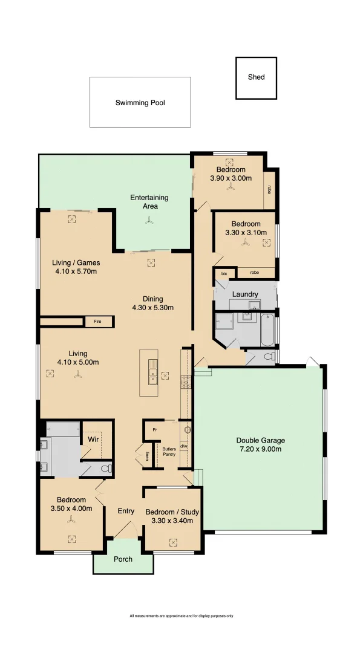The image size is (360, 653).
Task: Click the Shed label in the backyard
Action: [256, 77]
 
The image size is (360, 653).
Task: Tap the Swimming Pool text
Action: [140, 103]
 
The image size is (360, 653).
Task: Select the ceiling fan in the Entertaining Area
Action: [149, 221]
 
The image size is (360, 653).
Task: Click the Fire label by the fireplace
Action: [97, 322]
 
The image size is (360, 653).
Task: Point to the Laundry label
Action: [244, 294]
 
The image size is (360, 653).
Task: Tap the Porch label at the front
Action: [123, 559]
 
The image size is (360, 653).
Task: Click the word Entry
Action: [126, 512]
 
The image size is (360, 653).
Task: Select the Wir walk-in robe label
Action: [93, 440]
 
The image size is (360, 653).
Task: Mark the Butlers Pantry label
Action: [169, 451]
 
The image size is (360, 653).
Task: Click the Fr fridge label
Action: [155, 429]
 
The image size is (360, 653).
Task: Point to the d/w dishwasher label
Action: [184, 447]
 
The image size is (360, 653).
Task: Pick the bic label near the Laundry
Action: [224, 274]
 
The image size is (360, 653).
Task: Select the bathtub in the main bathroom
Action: [267, 330]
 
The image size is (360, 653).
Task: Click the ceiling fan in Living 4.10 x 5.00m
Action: [77, 375]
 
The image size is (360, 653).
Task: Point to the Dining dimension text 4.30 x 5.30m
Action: [152, 308]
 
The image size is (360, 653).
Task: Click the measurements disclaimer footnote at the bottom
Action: [181, 616]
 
